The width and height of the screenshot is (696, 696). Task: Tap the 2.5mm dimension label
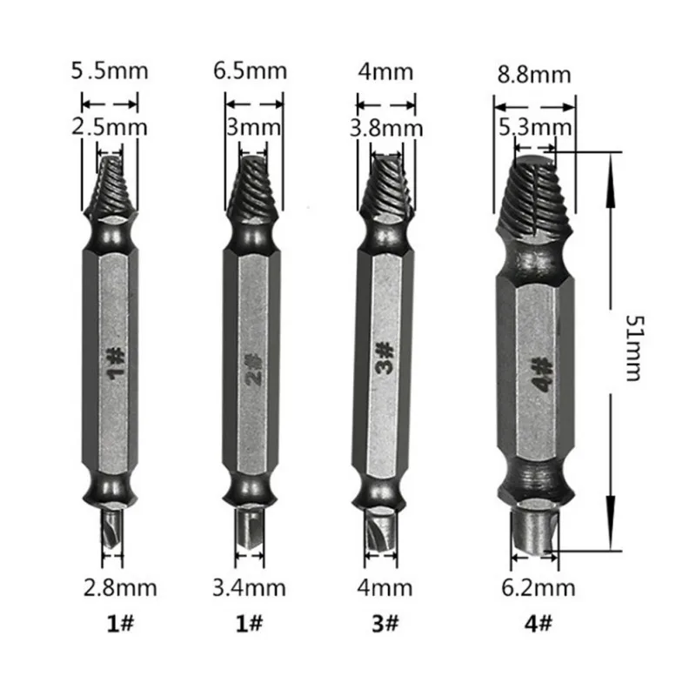pyautogui.click(x=110, y=128)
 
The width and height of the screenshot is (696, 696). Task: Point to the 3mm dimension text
pyautogui.click(x=253, y=128)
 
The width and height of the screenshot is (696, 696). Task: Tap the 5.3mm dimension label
pyautogui.click(x=535, y=129)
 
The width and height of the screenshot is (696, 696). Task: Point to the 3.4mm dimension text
pyautogui.click(x=249, y=588)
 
